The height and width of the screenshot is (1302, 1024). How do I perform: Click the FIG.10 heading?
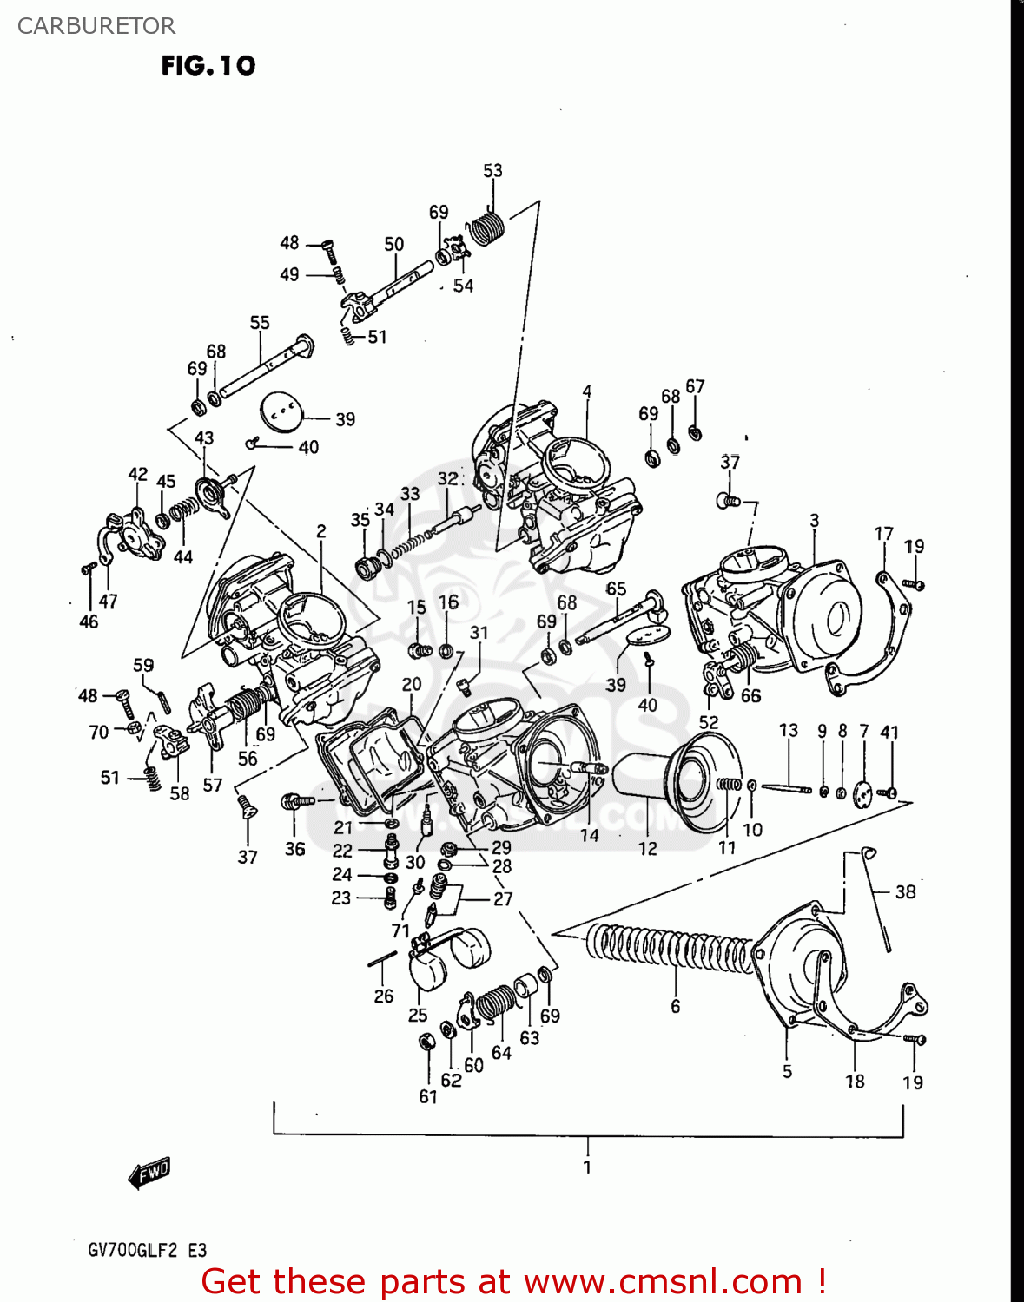point(208,66)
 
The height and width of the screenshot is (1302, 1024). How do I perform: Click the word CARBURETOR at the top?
point(96,26)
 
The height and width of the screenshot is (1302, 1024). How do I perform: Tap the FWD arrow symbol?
point(149,1173)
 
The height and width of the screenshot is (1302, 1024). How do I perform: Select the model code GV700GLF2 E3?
point(147,1250)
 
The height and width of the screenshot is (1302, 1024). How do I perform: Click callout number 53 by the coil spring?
point(492,171)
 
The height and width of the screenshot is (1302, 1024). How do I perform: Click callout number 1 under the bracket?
point(587,1167)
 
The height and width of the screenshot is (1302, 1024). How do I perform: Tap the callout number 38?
point(905,891)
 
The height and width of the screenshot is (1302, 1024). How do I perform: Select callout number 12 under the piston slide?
point(648,849)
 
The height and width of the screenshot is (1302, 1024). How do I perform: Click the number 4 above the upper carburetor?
point(587,392)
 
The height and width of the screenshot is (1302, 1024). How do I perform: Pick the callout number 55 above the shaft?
point(260,323)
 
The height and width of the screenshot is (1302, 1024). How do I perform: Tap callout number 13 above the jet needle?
point(788,730)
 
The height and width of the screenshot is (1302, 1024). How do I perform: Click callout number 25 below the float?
point(418,1015)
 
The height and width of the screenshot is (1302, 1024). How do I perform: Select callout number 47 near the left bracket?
point(108,601)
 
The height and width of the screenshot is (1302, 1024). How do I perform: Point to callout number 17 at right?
point(883,534)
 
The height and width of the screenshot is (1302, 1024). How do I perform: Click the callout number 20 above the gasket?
point(412,684)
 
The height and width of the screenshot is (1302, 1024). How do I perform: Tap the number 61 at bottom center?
point(428,1096)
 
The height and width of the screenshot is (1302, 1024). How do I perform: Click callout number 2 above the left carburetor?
point(321,531)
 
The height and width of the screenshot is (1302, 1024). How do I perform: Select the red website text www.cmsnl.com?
point(663,1281)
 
